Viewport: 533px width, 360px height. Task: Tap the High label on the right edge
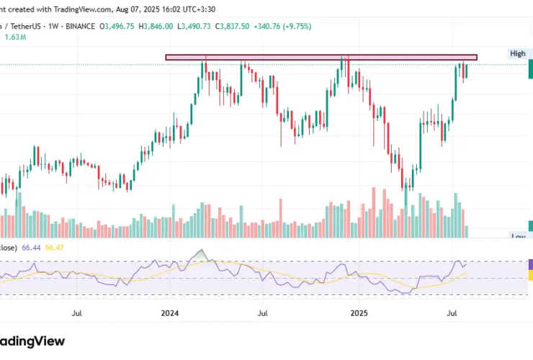tap(517, 54)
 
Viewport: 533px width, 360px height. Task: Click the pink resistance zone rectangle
tap(321, 57)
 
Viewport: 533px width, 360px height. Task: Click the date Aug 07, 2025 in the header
tap(143, 9)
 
